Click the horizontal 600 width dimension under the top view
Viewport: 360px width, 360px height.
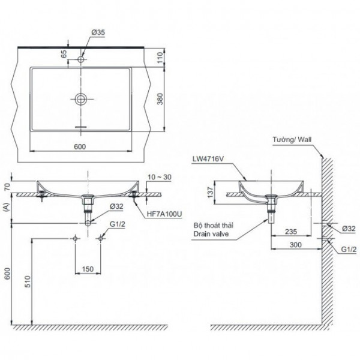coord(79,146)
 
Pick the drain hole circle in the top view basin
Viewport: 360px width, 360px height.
coord(80,99)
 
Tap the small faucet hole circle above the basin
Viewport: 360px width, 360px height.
coord(80,60)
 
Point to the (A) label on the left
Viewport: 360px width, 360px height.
coord(6,208)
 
